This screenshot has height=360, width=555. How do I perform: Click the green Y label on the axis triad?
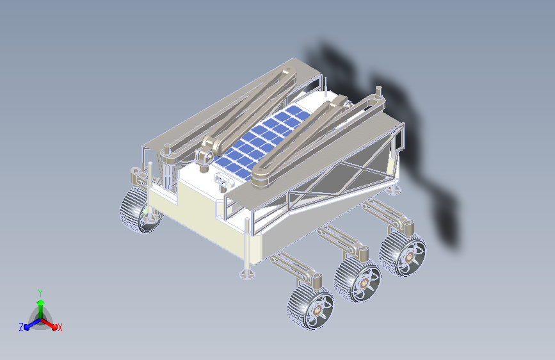click(x=40, y=293)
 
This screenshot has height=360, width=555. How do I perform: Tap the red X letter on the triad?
click(x=60, y=327)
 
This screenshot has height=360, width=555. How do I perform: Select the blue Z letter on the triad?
click(x=21, y=327)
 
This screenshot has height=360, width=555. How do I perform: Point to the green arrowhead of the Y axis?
click(x=41, y=303)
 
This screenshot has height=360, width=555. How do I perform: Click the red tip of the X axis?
click(x=54, y=327)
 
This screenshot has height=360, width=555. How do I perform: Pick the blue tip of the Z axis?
click(x=27, y=327)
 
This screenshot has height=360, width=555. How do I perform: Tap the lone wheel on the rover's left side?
click(x=141, y=211)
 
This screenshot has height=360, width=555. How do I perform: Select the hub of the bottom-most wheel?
click(x=316, y=311)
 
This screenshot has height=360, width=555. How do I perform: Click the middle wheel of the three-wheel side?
click(x=357, y=280)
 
